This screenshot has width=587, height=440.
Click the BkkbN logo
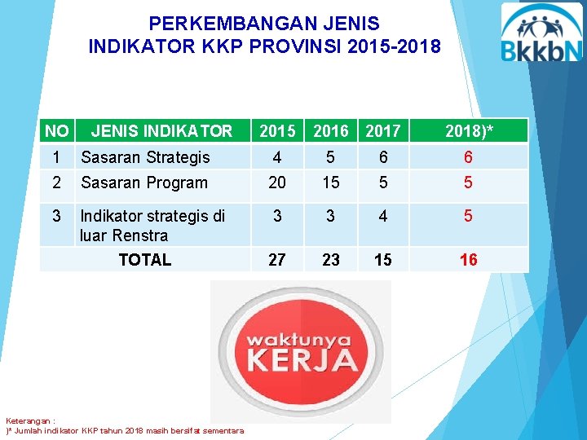click(541, 33)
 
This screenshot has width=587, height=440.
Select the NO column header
click(56, 130)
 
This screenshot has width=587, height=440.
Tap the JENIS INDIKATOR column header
click(161, 130)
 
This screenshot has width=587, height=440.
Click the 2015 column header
click(277, 131)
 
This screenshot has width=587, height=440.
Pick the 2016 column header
click(330, 131)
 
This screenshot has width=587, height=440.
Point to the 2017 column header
click(382, 131)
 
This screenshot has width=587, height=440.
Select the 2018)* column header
click(468, 131)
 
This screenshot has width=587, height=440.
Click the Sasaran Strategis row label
click(145, 157)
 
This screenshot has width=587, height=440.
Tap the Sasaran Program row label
click(143, 183)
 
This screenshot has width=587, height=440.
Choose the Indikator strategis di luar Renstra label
click(152, 226)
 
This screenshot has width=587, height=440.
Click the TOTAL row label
click(144, 260)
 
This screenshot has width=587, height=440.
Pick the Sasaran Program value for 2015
click(277, 183)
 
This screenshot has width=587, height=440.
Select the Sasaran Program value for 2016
click(330, 183)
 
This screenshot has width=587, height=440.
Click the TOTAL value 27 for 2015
click(277, 260)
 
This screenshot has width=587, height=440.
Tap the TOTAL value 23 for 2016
click(330, 260)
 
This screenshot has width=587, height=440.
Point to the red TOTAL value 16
click(468, 260)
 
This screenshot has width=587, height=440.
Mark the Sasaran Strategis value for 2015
click(277, 157)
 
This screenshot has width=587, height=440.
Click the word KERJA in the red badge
click(301, 359)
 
